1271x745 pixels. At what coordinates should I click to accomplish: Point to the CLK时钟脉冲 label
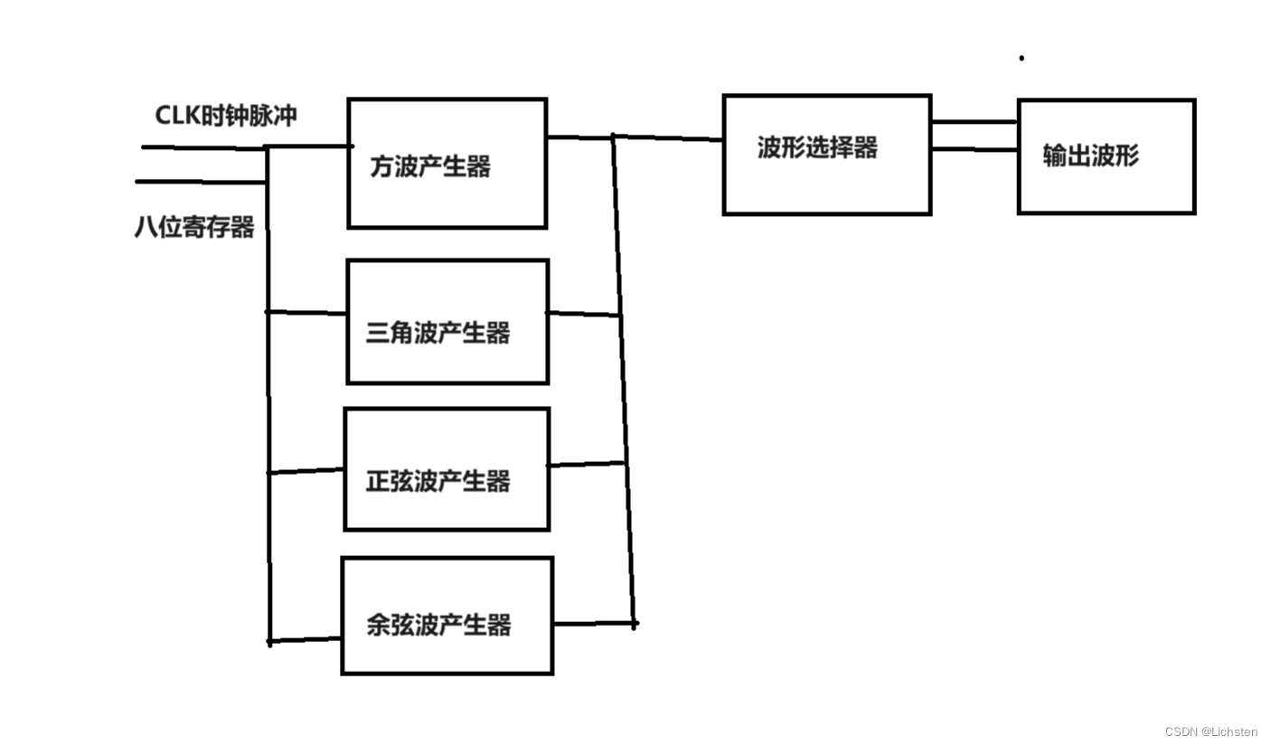coord(226,116)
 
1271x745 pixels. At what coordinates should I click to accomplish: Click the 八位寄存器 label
coord(194,227)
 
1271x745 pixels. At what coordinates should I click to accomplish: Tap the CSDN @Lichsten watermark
coord(1210,731)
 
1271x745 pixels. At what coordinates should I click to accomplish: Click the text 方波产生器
coord(430,166)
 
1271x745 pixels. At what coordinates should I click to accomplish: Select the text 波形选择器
coord(817,147)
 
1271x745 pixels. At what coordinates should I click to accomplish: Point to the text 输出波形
coord(1090,156)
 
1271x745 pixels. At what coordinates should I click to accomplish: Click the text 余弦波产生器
coord(438,625)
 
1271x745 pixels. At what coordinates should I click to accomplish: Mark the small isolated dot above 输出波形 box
coord(1022,58)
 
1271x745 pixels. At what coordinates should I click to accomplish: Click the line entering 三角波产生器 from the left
coord(307,313)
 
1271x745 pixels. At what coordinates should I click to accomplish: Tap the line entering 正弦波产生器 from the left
coord(307,471)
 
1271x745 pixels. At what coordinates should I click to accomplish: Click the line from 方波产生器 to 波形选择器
coord(669,138)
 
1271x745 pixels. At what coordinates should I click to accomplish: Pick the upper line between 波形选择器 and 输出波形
coord(974,121)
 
